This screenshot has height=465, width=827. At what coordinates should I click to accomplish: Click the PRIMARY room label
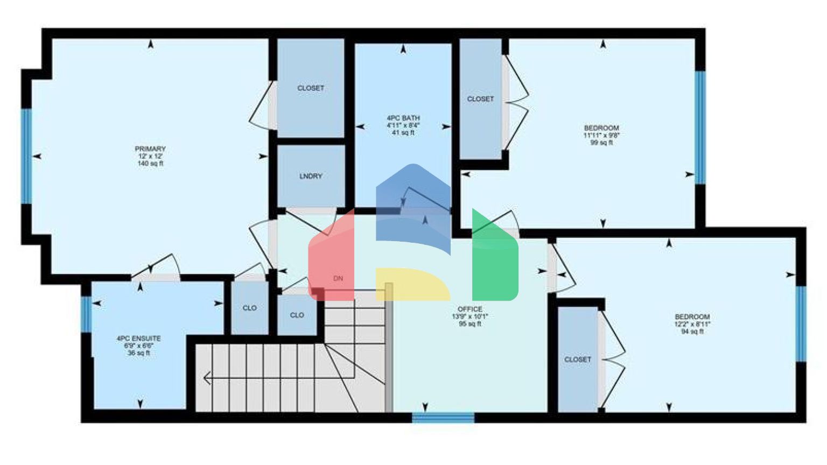tap(150, 149)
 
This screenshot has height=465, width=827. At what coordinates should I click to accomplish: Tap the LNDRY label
tap(311, 176)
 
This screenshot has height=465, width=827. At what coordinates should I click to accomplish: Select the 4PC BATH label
tap(403, 118)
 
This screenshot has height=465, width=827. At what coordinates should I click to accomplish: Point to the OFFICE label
tap(470, 309)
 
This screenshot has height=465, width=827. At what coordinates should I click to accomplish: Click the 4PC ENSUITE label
tap(138, 339)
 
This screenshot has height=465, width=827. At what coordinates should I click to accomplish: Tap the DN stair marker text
tap(338, 278)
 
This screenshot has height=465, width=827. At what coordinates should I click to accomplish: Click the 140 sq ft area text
tap(150, 164)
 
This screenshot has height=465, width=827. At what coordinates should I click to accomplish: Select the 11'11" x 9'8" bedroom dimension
tap(601, 136)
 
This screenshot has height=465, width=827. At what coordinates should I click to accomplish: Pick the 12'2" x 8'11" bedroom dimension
tap(692, 325)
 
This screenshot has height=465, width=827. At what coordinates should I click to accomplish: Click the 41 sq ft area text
tap(403, 132)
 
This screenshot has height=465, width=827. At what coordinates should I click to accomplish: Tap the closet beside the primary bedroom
tap(311, 88)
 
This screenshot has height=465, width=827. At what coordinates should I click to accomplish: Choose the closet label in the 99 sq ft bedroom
tap(480, 99)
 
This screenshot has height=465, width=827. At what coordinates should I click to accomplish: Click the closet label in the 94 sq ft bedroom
tap(578, 359)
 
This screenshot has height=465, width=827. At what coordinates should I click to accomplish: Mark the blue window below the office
tap(443, 417)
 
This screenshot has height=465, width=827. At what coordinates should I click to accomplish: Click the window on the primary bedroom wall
tap(26, 156)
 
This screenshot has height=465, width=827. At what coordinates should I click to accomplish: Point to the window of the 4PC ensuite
tap(86, 314)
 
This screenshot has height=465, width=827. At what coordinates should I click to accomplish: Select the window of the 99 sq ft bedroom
tap(700, 127)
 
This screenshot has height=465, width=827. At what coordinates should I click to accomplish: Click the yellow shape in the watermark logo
tap(412, 283)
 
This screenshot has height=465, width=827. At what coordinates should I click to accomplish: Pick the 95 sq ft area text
tap(470, 324)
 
